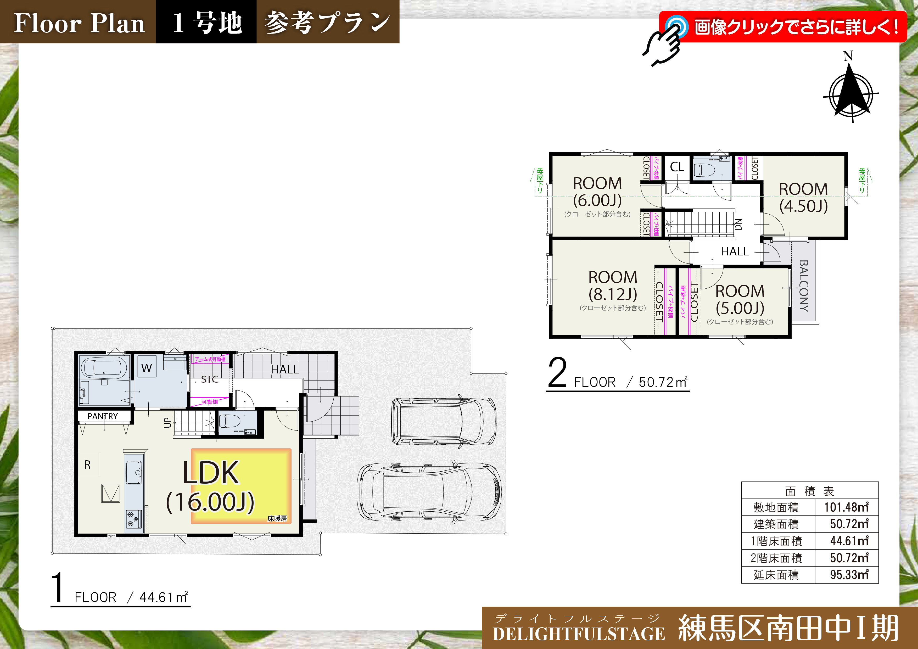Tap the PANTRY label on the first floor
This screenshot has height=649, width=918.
click(103, 416)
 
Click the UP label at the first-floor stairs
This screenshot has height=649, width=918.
click(167, 423)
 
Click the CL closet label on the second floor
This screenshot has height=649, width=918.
click(677, 167)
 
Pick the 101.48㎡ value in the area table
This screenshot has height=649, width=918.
click(846, 507)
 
